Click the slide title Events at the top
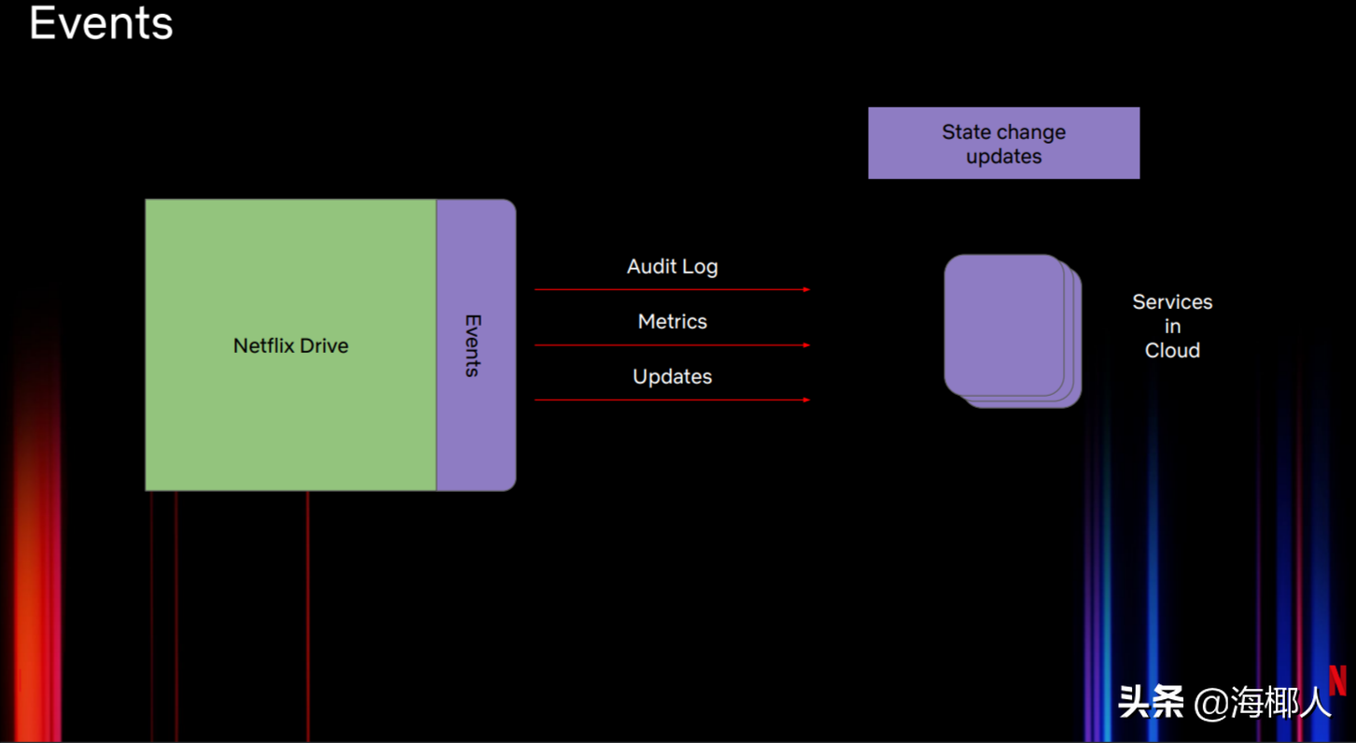pyautogui.click(x=101, y=23)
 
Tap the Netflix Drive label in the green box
pyautogui.click(x=290, y=345)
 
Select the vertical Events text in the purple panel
pyautogui.click(x=473, y=345)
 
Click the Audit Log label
pyautogui.click(x=672, y=267)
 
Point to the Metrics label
pyautogui.click(x=672, y=321)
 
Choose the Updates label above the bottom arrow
pyautogui.click(x=672, y=377)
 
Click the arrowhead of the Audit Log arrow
pyautogui.click(x=807, y=290)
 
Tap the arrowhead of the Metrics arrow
pyautogui.click(x=807, y=345)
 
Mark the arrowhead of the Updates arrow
pyautogui.click(x=807, y=400)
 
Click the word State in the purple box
pyautogui.click(x=967, y=132)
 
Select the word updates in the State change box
pyautogui.click(x=1003, y=157)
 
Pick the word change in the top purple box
pyautogui.click(x=1031, y=133)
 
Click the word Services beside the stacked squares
pyautogui.click(x=1172, y=302)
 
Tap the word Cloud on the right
pyautogui.click(x=1172, y=351)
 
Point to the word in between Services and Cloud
pyautogui.click(x=1172, y=327)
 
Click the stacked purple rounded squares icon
pyautogui.click(x=1013, y=331)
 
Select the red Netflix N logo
pyautogui.click(x=1338, y=680)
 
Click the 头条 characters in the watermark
pyautogui.click(x=1151, y=703)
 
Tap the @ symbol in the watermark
pyautogui.click(x=1211, y=704)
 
